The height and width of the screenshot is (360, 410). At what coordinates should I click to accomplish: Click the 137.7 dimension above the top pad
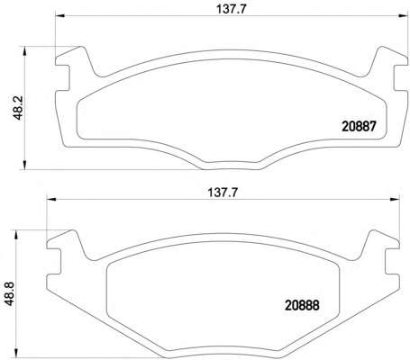pos(232,9)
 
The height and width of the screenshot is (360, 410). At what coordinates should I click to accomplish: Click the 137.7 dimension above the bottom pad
pos(223,193)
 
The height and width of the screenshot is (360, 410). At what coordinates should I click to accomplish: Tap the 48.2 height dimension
pos(19,108)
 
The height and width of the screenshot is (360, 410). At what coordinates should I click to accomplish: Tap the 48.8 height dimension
pos(10,293)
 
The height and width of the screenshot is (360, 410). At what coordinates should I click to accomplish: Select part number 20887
pos(359,127)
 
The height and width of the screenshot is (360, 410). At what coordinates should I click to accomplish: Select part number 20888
pos(302,306)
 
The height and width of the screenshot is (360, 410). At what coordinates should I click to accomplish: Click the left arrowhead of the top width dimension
pos(59,16)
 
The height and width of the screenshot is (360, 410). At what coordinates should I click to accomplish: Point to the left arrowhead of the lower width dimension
pos(51,199)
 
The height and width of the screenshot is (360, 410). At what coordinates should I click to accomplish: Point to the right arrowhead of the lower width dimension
pos(395,199)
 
